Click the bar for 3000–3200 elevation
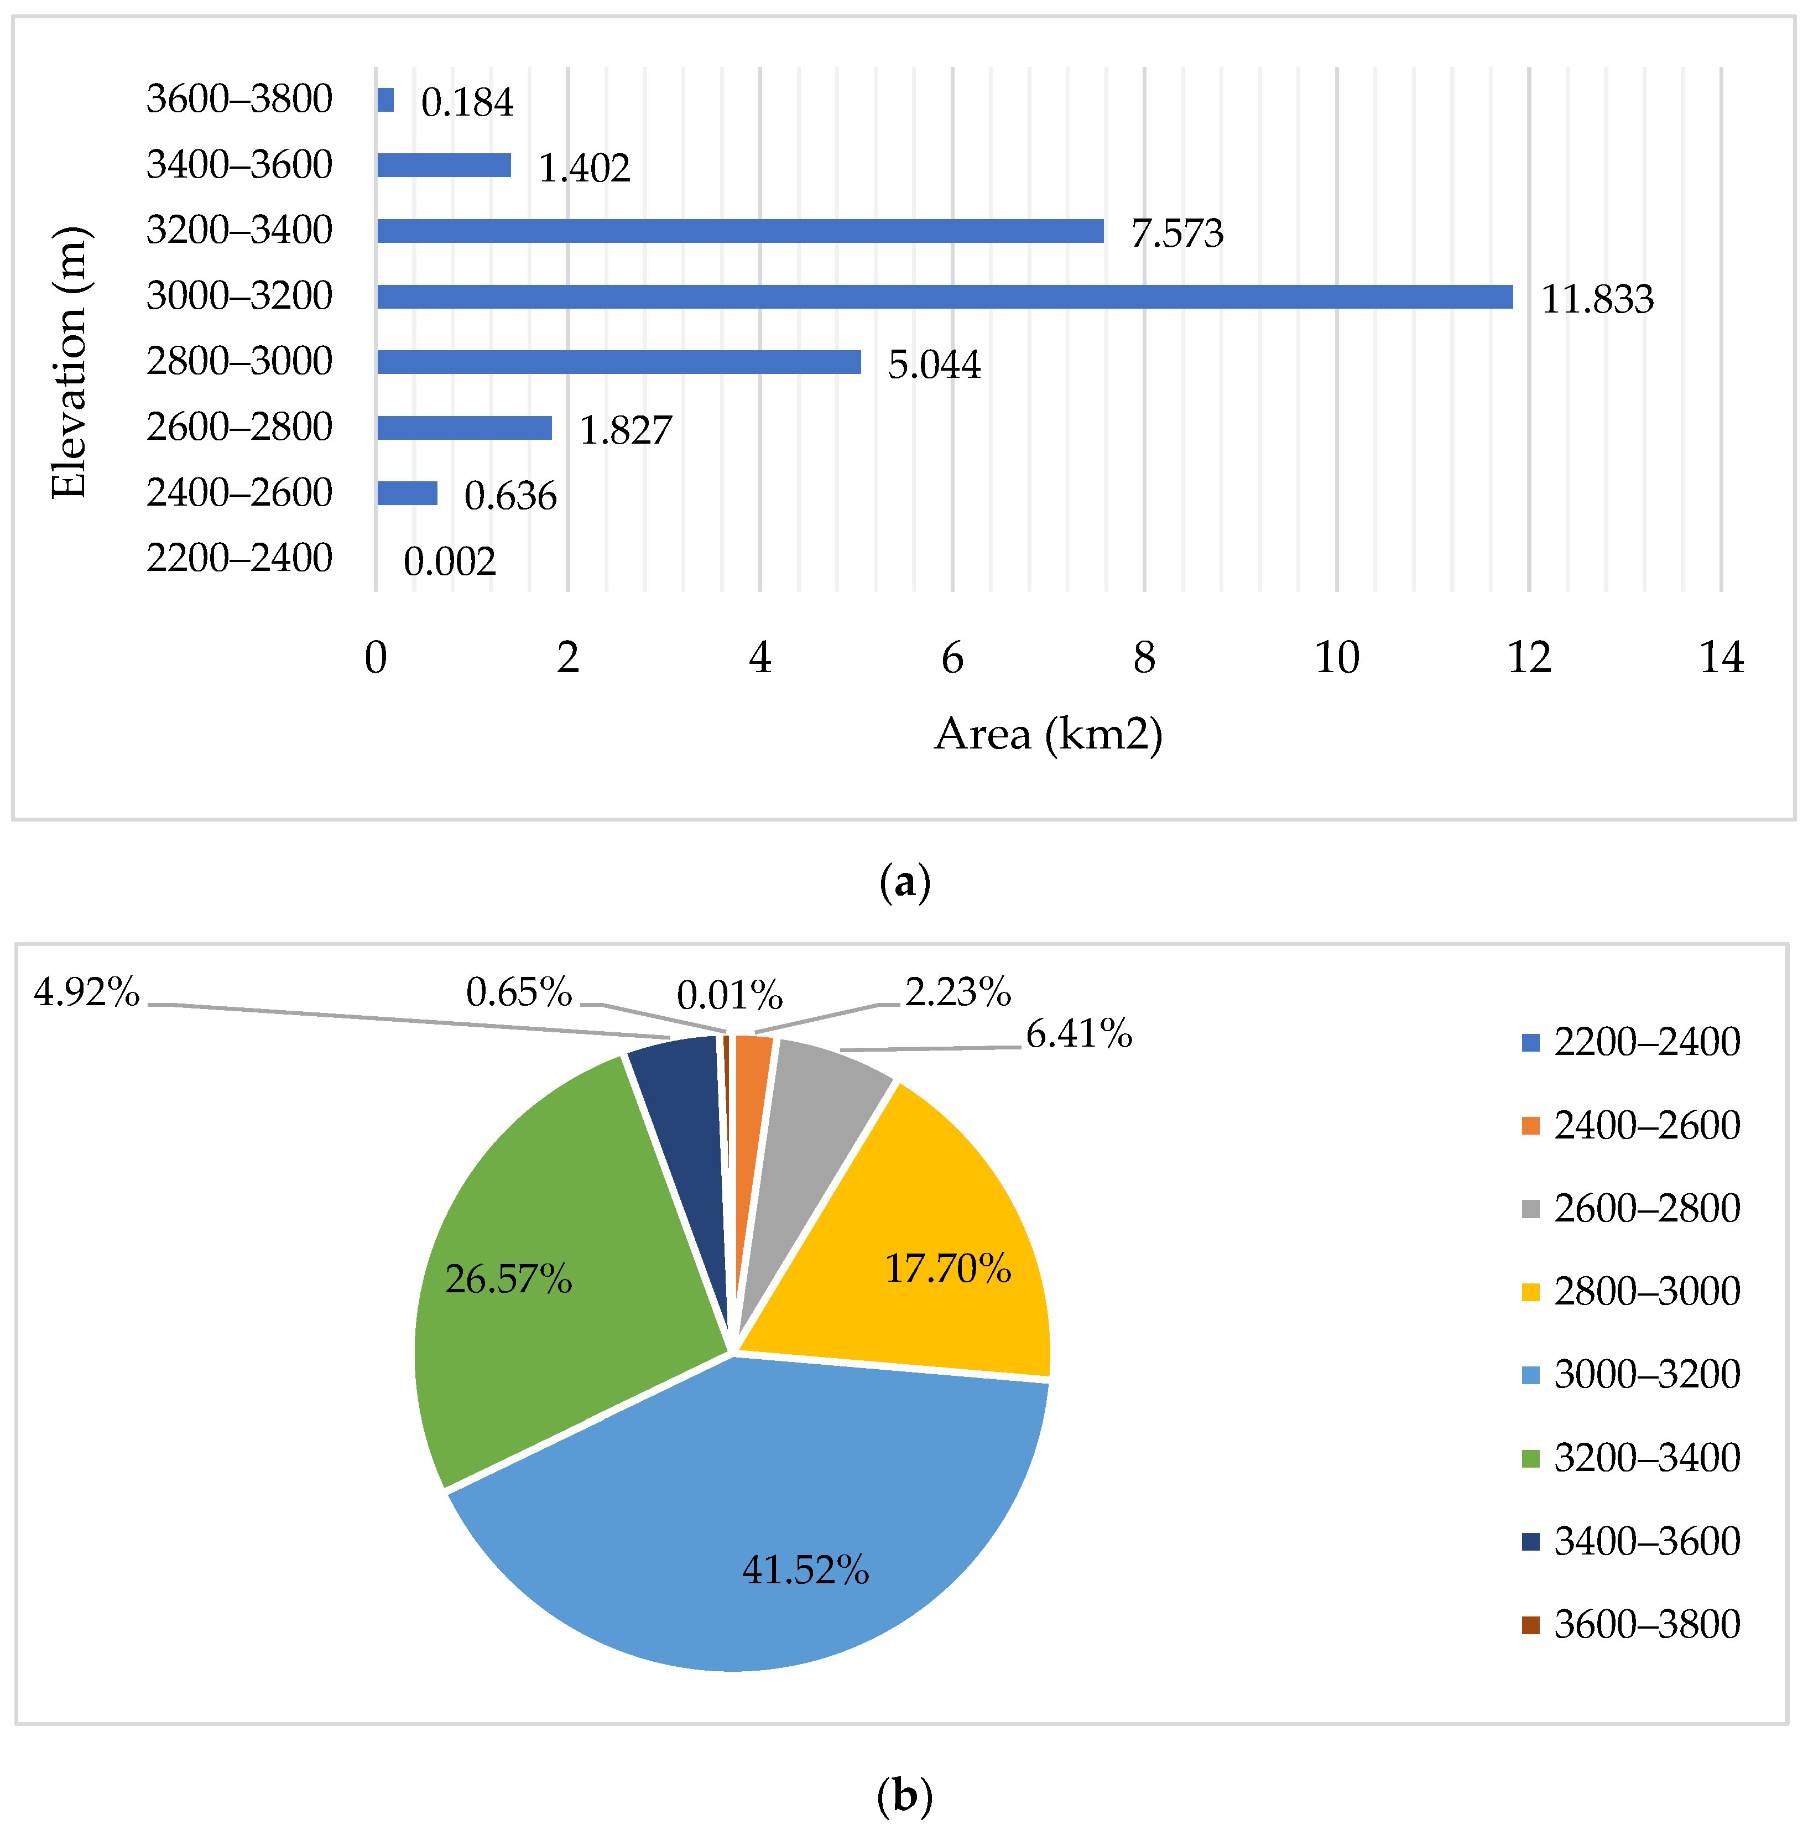pos(944,297)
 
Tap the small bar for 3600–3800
pos(385,100)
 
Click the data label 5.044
pos(934,365)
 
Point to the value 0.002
pos(449,562)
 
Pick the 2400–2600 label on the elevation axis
pos(239,492)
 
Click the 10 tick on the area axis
pos(1336,657)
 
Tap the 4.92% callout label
pos(87,992)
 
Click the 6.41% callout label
pos(1078,1033)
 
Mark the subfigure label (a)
pos(904,883)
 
